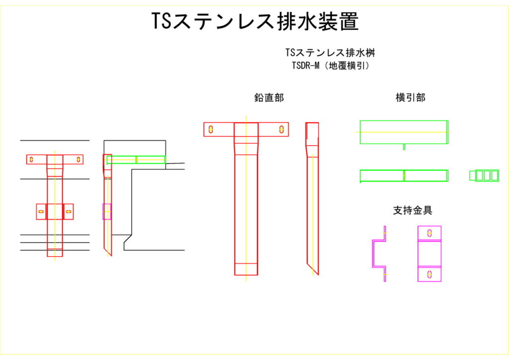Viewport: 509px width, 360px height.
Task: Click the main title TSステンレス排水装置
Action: pos(254,21)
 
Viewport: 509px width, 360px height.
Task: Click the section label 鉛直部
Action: pos(269,98)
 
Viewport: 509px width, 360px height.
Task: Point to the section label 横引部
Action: pos(407,98)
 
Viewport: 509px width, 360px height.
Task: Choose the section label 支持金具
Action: pos(413,210)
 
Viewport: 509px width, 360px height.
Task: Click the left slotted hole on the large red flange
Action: pos(211,129)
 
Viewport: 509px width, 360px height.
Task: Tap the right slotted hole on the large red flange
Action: pos(281,129)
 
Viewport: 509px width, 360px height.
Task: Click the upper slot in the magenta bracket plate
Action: pos(429,233)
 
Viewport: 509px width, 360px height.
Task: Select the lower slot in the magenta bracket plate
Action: pos(429,273)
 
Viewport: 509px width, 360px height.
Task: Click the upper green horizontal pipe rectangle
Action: pos(404,132)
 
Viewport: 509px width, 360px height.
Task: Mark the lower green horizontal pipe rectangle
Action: pos(404,176)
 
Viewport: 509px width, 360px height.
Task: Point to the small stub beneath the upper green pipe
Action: pos(404,147)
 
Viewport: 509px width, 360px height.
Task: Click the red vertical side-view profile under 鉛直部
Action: pos(312,199)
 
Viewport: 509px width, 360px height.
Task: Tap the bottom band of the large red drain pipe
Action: pos(246,269)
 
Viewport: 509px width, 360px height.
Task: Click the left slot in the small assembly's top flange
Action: pos(31,160)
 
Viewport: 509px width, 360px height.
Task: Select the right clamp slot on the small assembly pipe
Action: pos(69,211)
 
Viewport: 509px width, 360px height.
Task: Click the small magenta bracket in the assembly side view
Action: pos(106,211)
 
